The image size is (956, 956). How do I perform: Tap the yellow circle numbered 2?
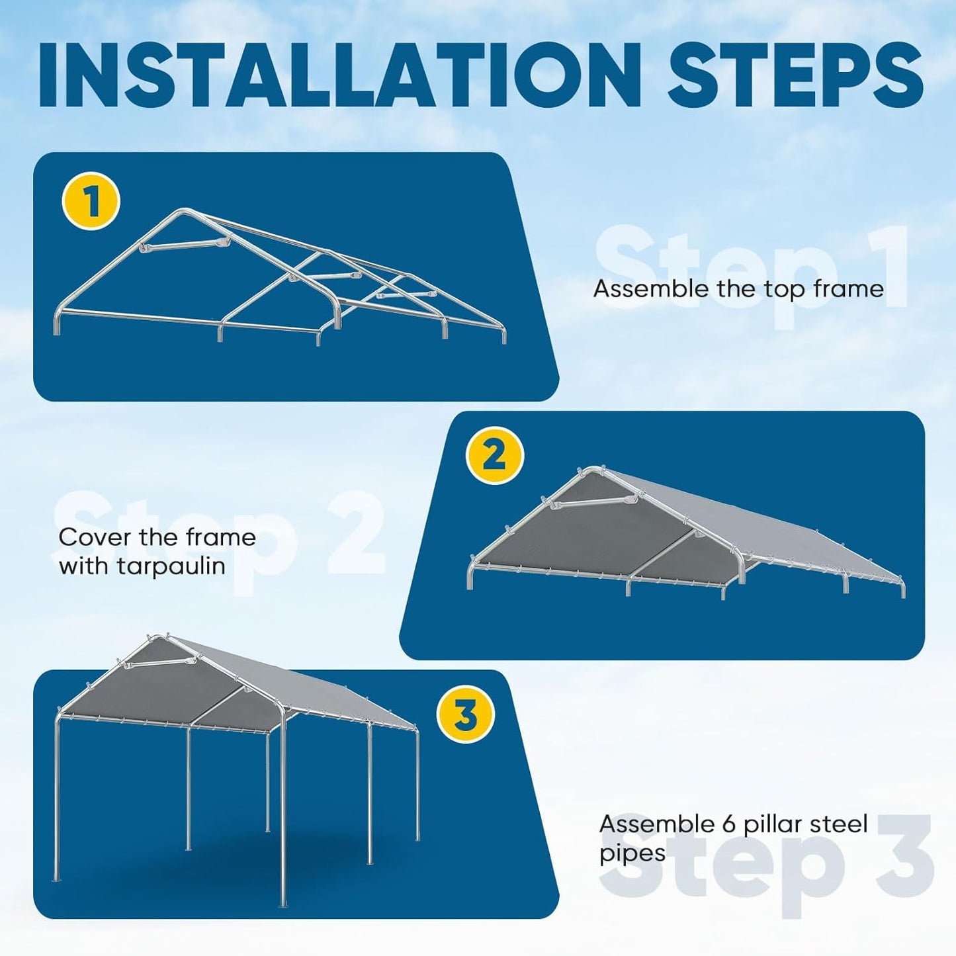tap(494, 456)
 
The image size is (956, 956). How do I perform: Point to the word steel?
tap(840, 824)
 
